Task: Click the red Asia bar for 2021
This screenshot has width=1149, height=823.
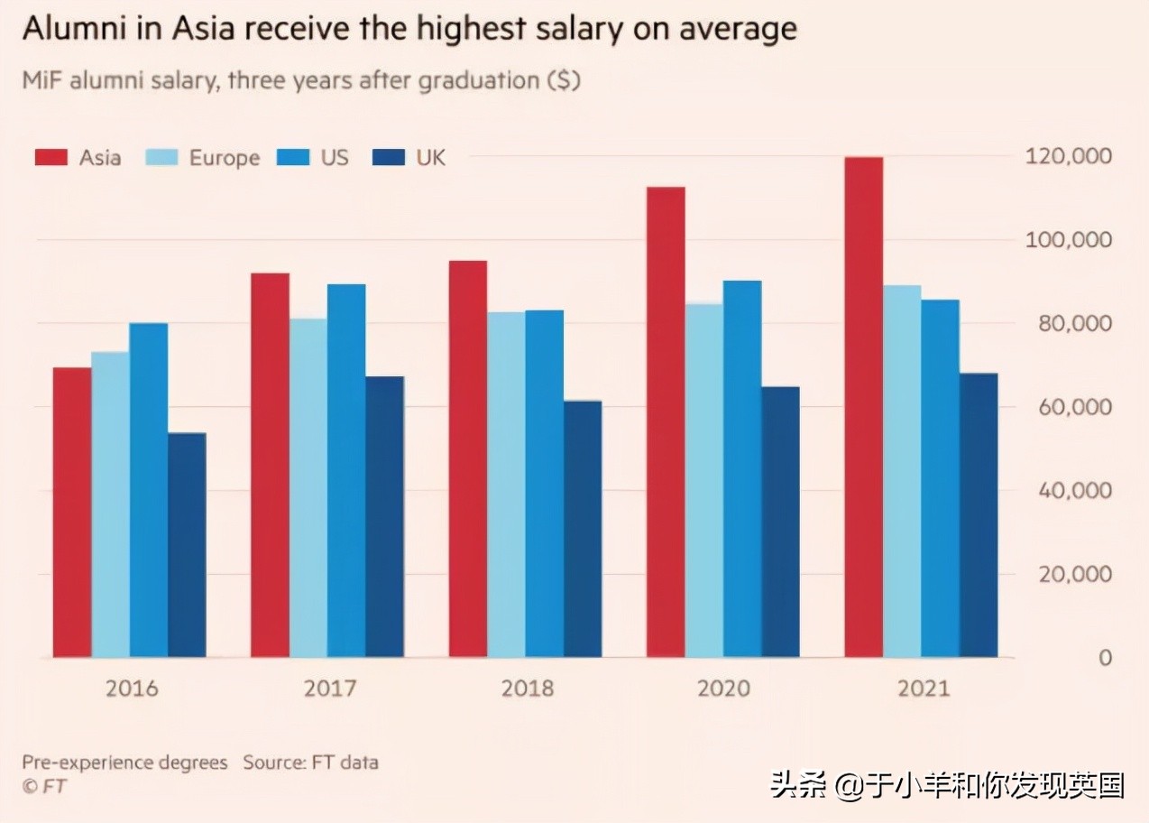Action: pyautogui.click(x=863, y=406)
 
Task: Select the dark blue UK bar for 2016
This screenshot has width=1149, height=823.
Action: pyautogui.click(x=187, y=545)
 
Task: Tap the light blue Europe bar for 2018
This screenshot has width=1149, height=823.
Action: pyautogui.click(x=506, y=485)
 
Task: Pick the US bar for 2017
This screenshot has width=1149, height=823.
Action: pyautogui.click(x=346, y=470)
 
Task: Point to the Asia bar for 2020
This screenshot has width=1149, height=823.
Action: pyautogui.click(x=666, y=421)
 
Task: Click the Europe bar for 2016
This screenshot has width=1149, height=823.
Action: pyautogui.click(x=110, y=504)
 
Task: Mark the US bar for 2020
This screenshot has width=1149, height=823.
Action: pyautogui.click(x=742, y=468)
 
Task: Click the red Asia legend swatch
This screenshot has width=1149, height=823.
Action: pyautogui.click(x=51, y=158)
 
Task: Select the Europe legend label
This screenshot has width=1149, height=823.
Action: pyautogui.click(x=224, y=158)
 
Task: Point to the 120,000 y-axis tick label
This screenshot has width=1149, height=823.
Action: pyautogui.click(x=1068, y=157)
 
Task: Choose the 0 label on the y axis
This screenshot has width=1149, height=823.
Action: pyautogui.click(x=1104, y=658)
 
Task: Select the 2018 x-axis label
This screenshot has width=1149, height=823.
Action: pyautogui.click(x=527, y=689)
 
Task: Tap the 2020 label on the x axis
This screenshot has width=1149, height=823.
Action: pyautogui.click(x=723, y=689)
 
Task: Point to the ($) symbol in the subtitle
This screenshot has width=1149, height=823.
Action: pyautogui.click(x=564, y=80)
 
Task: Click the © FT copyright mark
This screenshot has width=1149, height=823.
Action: pyautogui.click(x=43, y=786)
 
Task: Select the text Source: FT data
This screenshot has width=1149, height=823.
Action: pyautogui.click(x=310, y=763)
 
